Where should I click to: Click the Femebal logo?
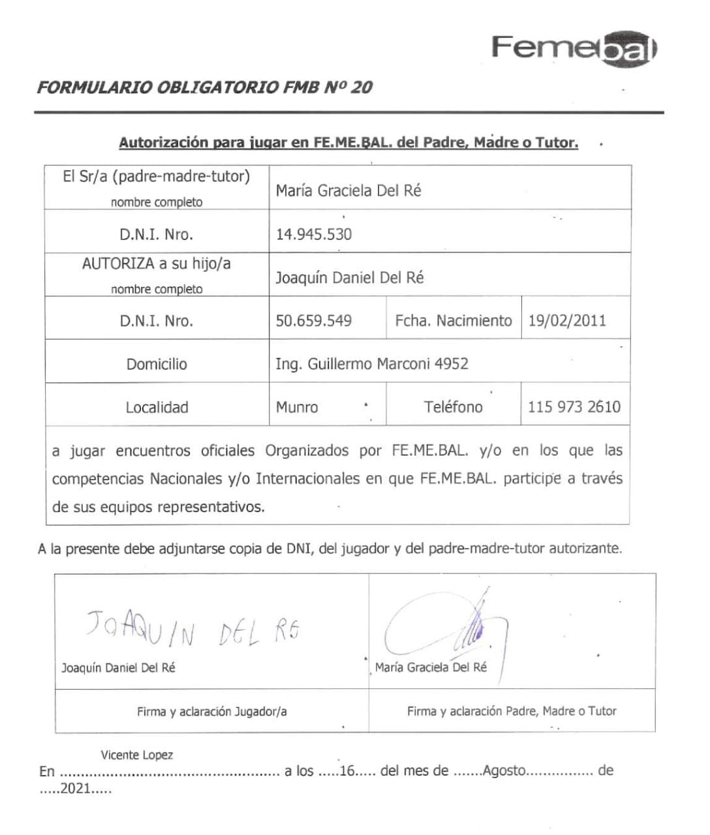click(x=574, y=48)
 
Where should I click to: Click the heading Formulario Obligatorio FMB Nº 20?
click(x=204, y=87)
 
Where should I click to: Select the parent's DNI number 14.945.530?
click(x=313, y=234)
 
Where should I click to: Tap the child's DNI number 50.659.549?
click(x=313, y=321)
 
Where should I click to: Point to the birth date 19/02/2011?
click(x=566, y=321)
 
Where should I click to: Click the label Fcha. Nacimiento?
click(x=454, y=321)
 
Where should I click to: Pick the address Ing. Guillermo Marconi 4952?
click(x=371, y=364)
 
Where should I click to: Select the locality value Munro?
click(x=297, y=408)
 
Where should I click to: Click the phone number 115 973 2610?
click(x=574, y=407)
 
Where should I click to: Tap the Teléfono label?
click(x=453, y=407)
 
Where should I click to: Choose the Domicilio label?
click(x=157, y=364)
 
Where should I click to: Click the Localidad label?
click(x=157, y=408)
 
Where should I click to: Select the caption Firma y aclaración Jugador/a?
click(x=211, y=711)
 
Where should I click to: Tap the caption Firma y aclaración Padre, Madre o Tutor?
click(x=512, y=711)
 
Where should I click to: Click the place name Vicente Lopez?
click(x=136, y=755)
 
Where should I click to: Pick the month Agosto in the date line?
click(x=504, y=770)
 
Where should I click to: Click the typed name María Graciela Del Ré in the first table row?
click(x=348, y=190)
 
